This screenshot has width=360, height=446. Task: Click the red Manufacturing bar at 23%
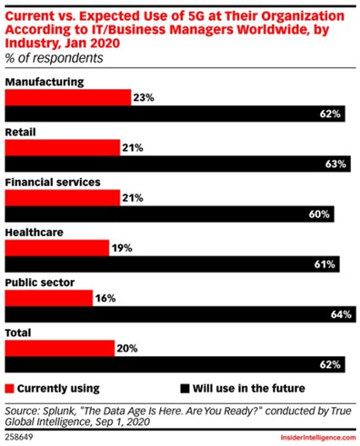click(67, 97)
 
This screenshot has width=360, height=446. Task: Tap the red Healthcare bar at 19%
click(57, 248)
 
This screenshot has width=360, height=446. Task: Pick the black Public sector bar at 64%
click(180, 314)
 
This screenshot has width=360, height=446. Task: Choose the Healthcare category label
click(34, 232)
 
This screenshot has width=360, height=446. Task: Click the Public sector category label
click(39, 282)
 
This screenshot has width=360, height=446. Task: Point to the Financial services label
click(52, 182)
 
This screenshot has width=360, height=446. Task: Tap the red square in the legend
click(10, 388)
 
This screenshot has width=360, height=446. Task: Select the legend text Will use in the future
click(249, 388)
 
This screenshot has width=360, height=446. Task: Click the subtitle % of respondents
click(54, 58)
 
